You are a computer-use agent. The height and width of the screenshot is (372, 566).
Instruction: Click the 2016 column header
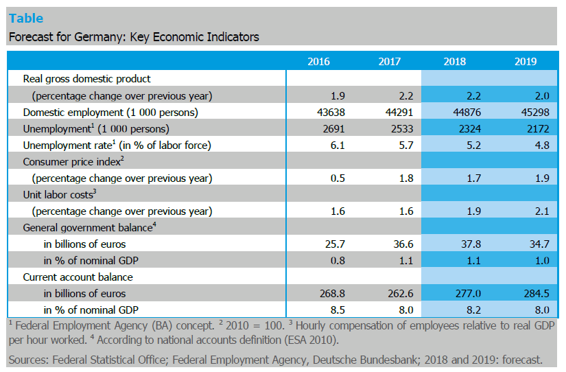click(318, 62)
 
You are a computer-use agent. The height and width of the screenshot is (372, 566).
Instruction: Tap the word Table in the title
click(26, 19)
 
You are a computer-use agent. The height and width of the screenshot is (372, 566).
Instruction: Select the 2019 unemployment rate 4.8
click(542, 145)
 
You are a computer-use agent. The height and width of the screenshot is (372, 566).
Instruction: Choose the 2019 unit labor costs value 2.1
click(542, 211)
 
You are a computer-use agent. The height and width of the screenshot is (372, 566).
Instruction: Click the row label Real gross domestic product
click(86, 79)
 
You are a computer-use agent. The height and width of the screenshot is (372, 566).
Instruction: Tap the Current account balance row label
click(78, 277)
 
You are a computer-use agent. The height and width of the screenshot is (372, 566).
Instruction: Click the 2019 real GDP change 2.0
click(542, 95)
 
